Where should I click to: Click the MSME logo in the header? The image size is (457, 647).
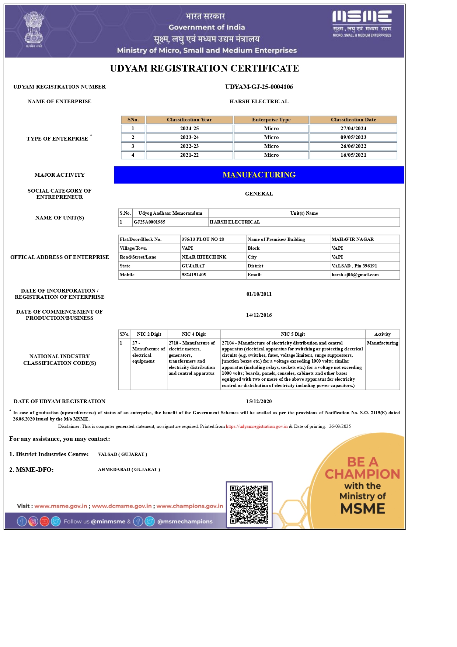pos(362,23)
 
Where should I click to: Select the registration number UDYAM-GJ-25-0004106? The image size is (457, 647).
pos(259,87)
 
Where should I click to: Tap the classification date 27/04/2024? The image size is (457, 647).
pos(353,128)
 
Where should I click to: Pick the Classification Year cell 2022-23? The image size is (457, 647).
pos(189,146)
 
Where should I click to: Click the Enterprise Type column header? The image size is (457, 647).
pos(271,120)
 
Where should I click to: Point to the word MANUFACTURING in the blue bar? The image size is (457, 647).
pos(259,175)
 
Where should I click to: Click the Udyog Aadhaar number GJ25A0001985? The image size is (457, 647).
pos(149,222)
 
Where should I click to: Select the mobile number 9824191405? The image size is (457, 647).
pos(193,275)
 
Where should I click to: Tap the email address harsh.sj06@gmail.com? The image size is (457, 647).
pos(355,275)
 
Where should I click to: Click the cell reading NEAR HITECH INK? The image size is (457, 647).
pos(204,257)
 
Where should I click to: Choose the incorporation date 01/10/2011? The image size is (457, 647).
pos(259,294)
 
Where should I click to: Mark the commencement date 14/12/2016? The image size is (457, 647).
pos(259,315)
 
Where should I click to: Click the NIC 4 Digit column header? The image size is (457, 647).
pos(193,334)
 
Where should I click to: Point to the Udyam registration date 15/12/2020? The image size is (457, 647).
pos(259,401)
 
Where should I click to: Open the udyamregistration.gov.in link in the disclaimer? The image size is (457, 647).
pos(257,426)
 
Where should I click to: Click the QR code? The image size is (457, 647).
pos(249,504)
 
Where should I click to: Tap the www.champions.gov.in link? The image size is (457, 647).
pos(189,506)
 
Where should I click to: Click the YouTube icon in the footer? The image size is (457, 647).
pos(45,522)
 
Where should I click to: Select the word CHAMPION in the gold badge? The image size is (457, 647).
pos(362,474)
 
